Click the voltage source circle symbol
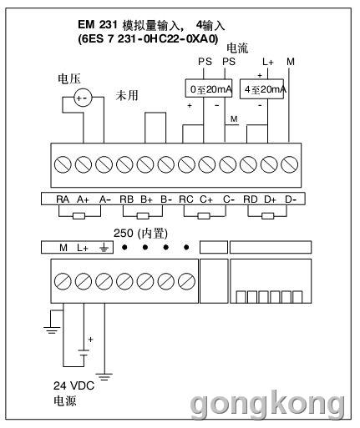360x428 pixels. click(83, 98)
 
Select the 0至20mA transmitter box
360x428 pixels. click(209, 88)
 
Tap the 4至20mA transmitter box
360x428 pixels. click(261, 89)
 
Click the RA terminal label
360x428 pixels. click(63, 199)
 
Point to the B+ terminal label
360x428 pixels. click(146, 199)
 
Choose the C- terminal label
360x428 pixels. click(229, 199)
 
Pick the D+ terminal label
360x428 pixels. click(270, 199)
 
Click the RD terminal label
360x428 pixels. click(251, 199)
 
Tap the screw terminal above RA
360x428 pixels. click(63, 164)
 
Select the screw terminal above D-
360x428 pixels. click(289, 164)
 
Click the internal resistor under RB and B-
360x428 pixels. click(143, 216)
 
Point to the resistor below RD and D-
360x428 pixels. click(267, 216)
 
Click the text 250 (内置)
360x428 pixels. click(140, 234)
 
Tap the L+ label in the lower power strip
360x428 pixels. click(83, 247)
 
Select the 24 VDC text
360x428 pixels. click(74, 385)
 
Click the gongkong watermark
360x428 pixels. click(268, 403)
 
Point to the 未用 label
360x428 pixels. click(127, 95)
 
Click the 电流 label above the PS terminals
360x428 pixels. click(237, 48)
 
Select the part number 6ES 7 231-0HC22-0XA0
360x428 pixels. click(148, 39)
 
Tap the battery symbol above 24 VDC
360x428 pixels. click(84, 352)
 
